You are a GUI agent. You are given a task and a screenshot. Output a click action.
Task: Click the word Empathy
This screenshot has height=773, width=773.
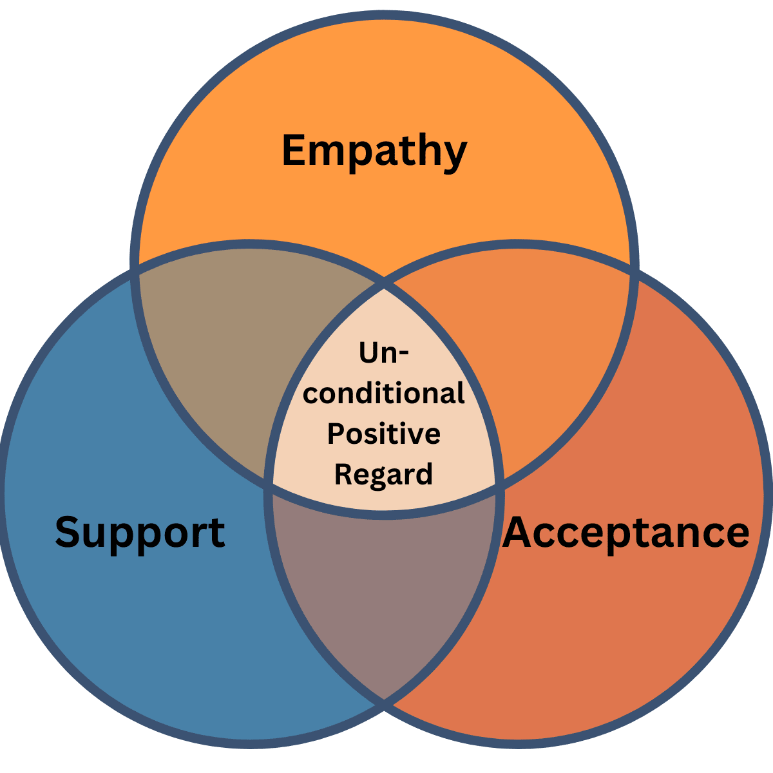coord(374,151)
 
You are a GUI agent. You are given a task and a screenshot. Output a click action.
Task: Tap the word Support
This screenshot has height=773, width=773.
coord(140,533)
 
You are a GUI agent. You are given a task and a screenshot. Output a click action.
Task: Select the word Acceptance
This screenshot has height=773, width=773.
coord(626,533)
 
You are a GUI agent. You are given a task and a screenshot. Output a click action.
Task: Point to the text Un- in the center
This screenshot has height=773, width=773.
coord(384,353)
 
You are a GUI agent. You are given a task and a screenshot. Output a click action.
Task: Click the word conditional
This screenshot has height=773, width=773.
coord(384,393)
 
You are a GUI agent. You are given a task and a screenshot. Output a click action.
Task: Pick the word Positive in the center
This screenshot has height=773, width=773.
coord(384,434)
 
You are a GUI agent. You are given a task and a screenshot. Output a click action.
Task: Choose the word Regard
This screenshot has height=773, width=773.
coord(384,475)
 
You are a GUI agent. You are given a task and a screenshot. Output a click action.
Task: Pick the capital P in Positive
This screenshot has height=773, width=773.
coord(336,434)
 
